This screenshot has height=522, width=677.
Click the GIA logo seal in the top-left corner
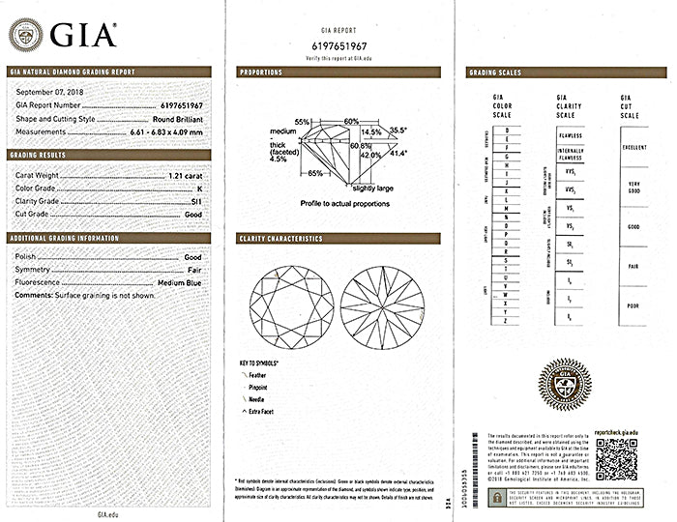[x=26, y=34]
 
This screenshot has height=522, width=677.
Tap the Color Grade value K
[x=199, y=188]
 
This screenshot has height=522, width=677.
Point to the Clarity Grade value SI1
[x=196, y=201]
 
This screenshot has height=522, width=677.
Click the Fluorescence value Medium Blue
[x=180, y=282]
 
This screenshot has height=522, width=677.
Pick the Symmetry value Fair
[x=193, y=270]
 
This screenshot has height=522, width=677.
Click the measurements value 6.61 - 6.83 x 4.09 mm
[x=165, y=130]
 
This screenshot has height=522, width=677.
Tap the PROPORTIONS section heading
[x=261, y=72]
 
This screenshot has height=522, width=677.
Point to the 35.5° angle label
[x=397, y=130]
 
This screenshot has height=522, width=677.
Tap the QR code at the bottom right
[x=615, y=458]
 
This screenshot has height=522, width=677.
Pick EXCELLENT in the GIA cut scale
[x=634, y=147]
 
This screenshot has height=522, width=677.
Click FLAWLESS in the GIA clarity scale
[x=570, y=136]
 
